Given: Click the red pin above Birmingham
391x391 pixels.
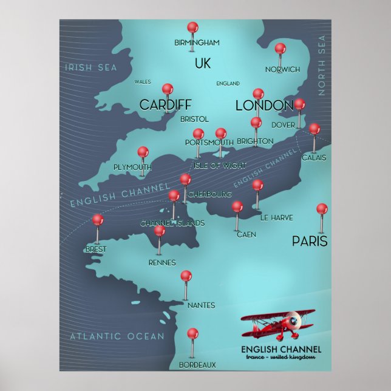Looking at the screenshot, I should (x=192, y=27).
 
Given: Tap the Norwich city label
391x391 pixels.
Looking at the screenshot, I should (x=282, y=69).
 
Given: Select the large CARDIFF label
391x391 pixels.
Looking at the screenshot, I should (x=165, y=105).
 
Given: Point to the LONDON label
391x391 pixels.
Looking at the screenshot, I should (x=264, y=106).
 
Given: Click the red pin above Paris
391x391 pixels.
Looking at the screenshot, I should (x=322, y=209).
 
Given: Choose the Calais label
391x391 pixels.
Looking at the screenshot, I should (x=314, y=158).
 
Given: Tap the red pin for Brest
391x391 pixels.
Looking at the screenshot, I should (x=97, y=220).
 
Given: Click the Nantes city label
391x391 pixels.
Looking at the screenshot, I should (x=201, y=305).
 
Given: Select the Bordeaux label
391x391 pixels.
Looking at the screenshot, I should (x=197, y=365).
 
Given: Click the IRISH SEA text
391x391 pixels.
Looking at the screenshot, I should (x=90, y=67).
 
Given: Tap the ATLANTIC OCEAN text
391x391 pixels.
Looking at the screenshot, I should (x=117, y=336).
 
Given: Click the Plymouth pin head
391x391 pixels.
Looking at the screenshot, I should (x=143, y=152).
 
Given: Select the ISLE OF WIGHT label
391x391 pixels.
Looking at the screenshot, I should (x=219, y=165).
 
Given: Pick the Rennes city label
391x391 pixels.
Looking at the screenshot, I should (x=162, y=263).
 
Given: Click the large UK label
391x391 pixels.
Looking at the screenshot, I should (x=203, y=63).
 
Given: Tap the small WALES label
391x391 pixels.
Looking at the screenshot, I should (x=143, y=81).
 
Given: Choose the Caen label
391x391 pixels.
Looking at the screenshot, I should (x=246, y=234).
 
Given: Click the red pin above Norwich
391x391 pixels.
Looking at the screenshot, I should (x=280, y=49).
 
